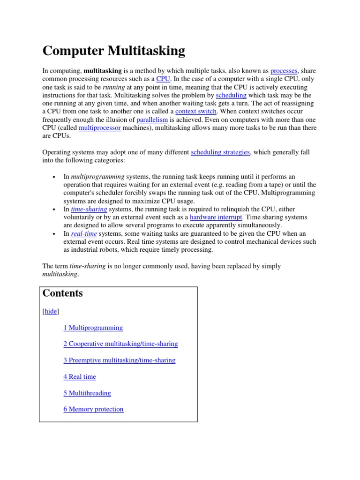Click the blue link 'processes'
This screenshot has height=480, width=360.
pos(284,71)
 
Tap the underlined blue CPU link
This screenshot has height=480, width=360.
pos(163,79)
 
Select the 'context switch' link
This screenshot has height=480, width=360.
pos(195,112)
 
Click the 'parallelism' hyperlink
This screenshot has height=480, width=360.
pos(152,120)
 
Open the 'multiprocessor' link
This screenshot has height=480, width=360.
pos(100,128)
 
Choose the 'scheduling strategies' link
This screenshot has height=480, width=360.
pos(220,152)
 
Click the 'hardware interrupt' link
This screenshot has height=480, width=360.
pos(216,217)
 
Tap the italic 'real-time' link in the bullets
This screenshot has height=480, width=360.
pos(84,233)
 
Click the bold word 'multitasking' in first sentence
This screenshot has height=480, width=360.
pos(103,71)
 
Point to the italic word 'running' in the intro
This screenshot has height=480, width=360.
pos(114,87)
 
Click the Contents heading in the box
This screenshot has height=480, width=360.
pos(63,293)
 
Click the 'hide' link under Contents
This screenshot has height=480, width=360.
pos(51,311)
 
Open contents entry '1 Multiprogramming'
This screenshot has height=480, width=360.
pos(93,328)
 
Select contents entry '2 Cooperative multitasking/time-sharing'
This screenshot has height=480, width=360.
pos(120,344)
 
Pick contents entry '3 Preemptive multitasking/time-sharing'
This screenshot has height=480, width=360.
pos(119,360)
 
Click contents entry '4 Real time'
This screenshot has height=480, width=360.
pos(80,377)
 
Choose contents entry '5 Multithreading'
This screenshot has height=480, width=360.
pos(87,393)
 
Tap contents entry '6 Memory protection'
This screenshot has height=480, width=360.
pos(93,409)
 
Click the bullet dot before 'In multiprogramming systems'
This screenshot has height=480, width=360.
pos(54,177)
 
